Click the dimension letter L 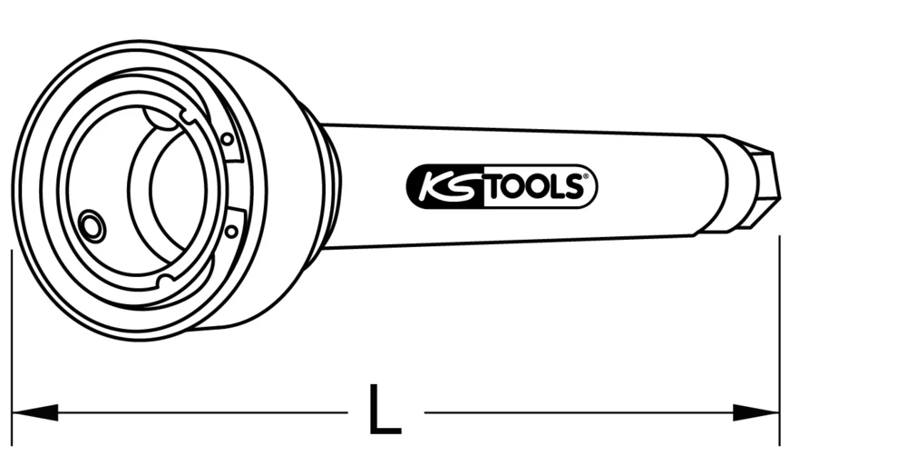(385, 411)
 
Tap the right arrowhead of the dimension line (756, 412)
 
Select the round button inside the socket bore (91, 227)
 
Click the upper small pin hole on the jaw (226, 139)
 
